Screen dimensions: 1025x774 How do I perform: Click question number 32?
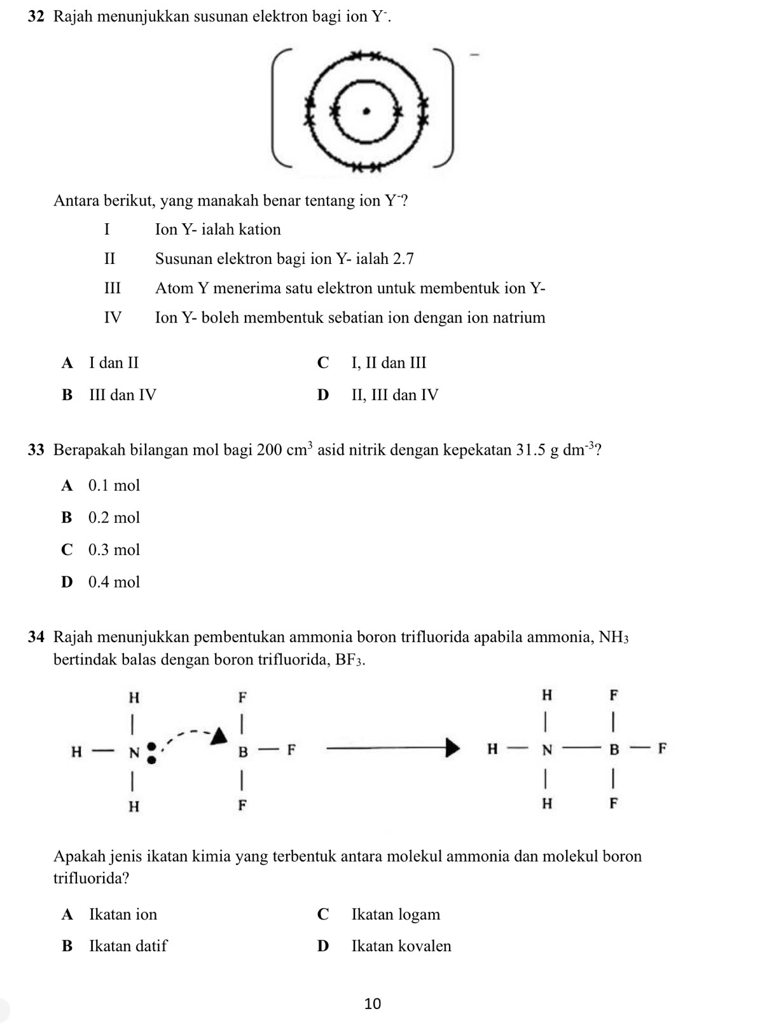(36, 17)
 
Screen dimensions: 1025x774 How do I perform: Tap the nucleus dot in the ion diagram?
(365, 111)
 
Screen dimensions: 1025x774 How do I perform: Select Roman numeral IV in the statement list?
(113, 317)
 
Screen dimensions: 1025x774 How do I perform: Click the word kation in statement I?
(259, 230)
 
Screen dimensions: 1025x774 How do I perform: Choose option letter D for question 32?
(323, 395)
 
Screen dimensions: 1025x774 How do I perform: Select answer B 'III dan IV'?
(123, 395)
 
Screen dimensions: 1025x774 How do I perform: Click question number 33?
(36, 450)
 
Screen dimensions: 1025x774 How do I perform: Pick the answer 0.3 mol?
(114, 549)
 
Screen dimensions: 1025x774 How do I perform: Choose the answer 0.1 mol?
(114, 485)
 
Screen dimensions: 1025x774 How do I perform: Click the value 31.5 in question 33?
(531, 450)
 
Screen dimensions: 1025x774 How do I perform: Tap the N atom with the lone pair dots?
(134, 753)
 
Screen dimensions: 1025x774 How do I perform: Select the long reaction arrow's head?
(451, 748)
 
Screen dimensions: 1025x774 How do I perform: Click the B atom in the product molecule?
(614, 749)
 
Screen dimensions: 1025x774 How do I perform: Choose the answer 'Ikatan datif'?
(128, 946)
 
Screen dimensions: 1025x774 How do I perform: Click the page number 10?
(373, 1003)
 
